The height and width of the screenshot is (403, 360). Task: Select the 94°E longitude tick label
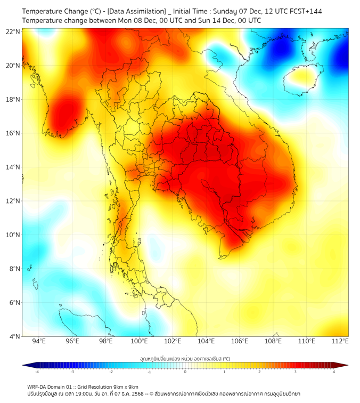pos(39,341)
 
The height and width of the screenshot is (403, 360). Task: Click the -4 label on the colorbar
pos(37,372)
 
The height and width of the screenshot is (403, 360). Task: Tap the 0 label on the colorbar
pos(185,372)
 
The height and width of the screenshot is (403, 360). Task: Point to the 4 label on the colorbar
pos(334,372)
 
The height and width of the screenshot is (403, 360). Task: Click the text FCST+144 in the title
pos(305,11)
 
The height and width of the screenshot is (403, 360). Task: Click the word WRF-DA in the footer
pos(38,386)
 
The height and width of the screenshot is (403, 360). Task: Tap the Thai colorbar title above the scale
pos(185,359)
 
